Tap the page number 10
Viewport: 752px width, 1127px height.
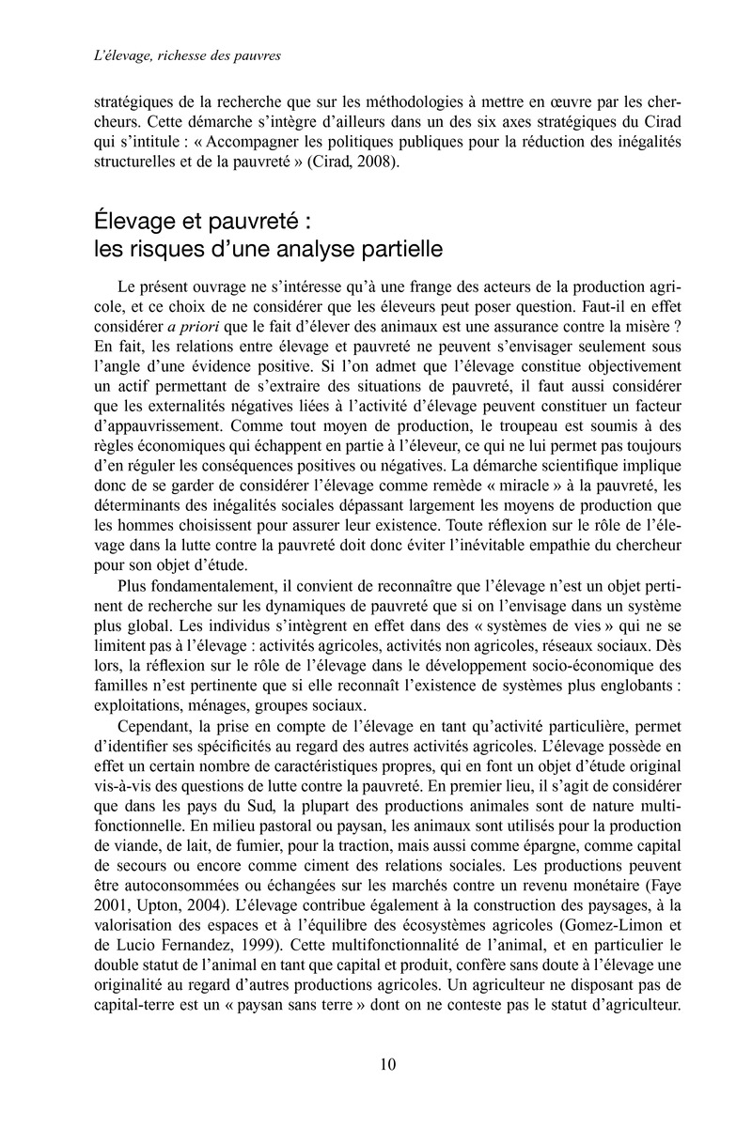click(x=387, y=1064)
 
